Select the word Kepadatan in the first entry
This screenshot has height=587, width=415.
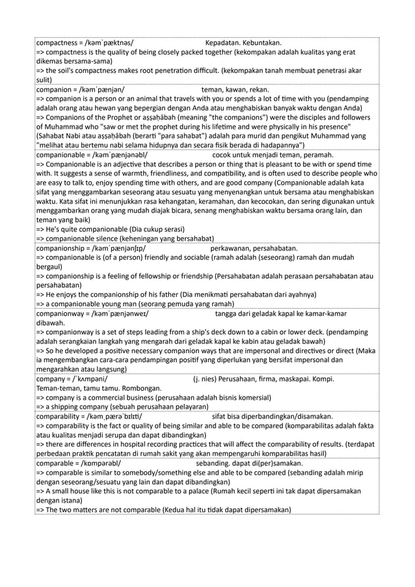(223, 43)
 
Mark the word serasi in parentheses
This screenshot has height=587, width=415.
(170, 229)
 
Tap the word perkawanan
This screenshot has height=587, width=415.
(232, 248)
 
